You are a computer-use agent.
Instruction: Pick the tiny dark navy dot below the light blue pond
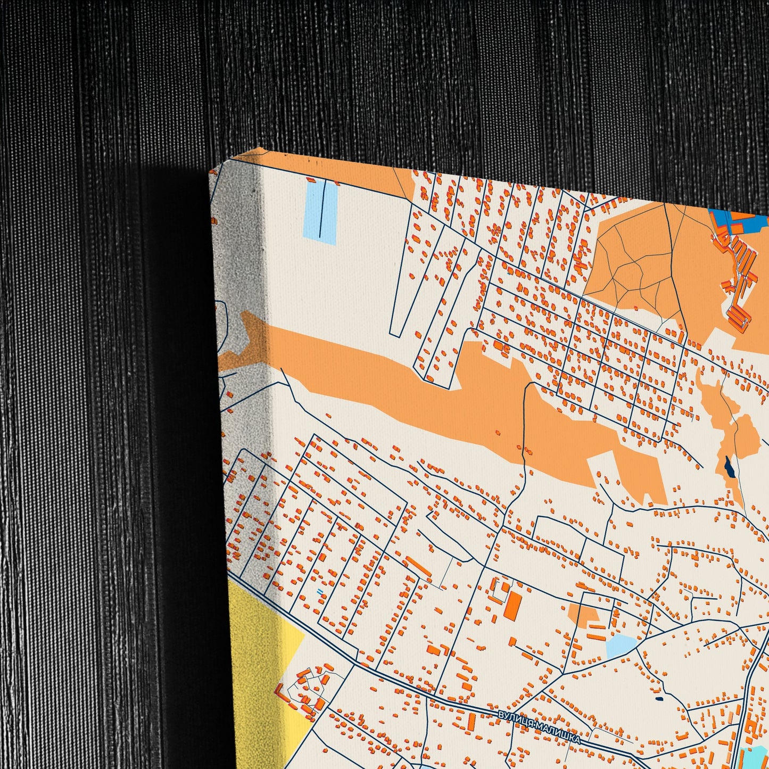pos(659,699)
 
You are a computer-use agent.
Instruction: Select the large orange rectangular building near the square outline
pos(513,605)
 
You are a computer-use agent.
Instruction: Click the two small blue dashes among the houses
pos(319,591)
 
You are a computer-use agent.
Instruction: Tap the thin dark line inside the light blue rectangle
pos(321,210)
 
